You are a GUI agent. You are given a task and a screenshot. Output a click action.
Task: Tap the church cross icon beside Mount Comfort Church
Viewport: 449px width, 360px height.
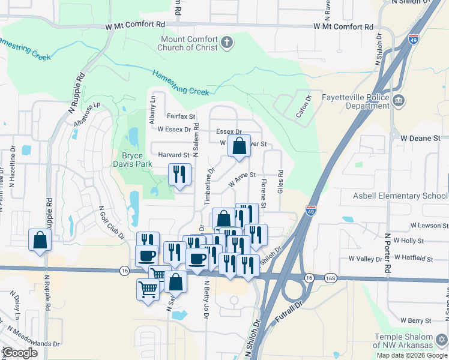226,42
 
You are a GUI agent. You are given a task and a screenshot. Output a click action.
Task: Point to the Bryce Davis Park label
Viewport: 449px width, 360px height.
133,159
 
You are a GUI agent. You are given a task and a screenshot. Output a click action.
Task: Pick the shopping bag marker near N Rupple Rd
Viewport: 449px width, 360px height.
40,240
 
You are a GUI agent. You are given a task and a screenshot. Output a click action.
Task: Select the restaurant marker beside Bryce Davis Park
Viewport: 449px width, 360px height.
179,174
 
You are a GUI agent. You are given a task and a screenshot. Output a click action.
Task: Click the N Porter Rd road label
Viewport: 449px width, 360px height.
387,255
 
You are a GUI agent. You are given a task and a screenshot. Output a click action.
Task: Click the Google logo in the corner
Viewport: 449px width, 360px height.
20,353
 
